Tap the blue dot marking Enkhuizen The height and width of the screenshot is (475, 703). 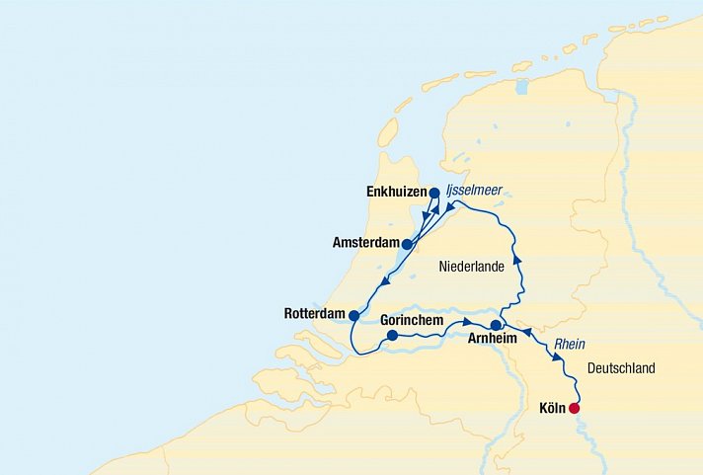coord(434,194)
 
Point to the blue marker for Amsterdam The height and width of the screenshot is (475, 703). coord(407,244)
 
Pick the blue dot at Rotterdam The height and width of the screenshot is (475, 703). coord(353,315)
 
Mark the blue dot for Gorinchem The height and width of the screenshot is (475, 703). coord(392,336)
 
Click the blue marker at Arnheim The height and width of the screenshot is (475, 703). coord(496,324)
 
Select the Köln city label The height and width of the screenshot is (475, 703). coord(553,408)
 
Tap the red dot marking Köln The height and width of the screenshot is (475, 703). coord(574,408)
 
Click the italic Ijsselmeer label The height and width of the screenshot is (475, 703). coord(473,192)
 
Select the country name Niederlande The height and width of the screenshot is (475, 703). coord(472,267)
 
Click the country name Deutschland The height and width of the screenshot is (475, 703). coord(620,368)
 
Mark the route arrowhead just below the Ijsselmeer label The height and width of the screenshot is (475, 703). coord(448,208)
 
